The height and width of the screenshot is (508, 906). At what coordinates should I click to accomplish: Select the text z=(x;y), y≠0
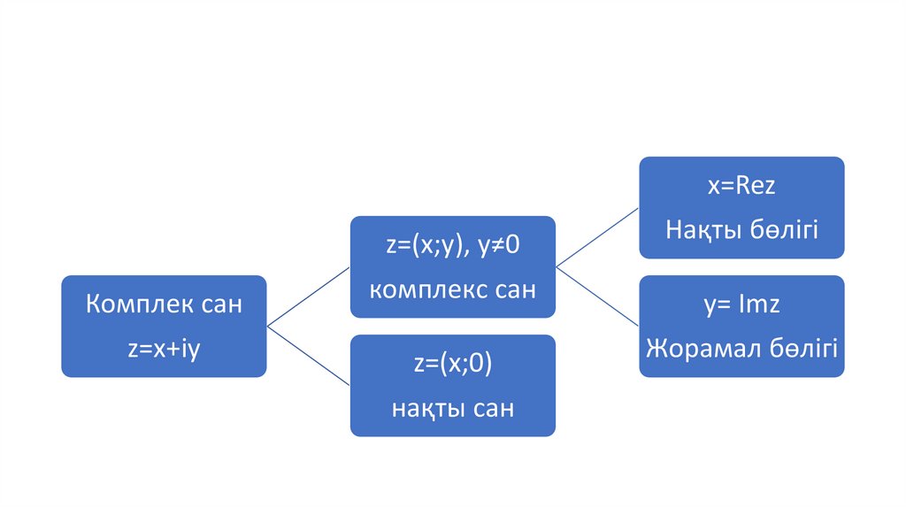452,247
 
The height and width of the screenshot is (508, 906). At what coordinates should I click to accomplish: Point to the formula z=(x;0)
452,366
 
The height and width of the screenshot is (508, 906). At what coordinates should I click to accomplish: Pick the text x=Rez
741,188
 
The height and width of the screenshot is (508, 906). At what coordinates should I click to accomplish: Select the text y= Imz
741,306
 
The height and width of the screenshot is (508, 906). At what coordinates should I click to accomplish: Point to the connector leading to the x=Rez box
597,237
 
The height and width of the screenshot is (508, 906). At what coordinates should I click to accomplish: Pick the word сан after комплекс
513,289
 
